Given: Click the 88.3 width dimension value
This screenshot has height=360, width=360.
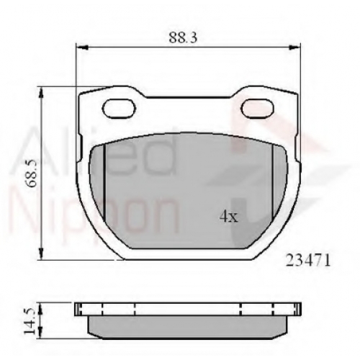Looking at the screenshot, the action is tap(183, 37).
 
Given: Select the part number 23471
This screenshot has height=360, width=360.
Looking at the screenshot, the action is tap(308, 260).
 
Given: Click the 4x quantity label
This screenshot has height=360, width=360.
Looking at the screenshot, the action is tap(229, 217).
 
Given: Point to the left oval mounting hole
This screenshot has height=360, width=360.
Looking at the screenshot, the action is tap(119, 109).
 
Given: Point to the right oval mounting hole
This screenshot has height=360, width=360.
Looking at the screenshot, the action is tap(258, 109).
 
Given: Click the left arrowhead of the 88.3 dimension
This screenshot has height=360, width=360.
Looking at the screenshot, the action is tap(81, 48).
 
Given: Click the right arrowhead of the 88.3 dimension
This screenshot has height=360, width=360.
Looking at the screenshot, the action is tap(294, 48).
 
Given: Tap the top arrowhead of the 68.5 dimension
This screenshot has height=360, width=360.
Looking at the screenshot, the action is tap(42, 92).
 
